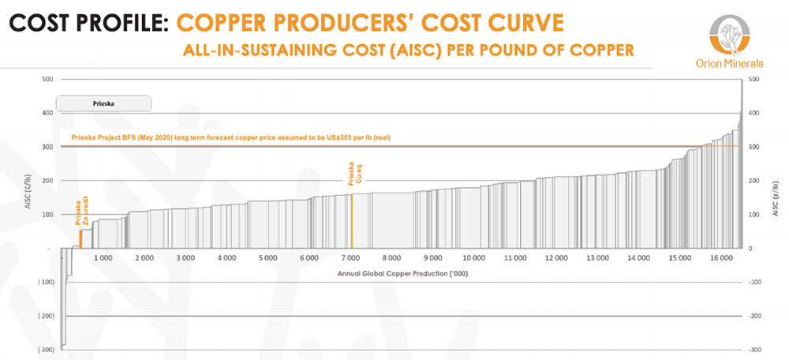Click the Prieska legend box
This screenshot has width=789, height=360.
point(103,103)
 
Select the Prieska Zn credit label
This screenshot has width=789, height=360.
point(83,212)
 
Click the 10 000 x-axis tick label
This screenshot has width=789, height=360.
point(473,258)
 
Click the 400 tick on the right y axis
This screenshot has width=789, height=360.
point(753,113)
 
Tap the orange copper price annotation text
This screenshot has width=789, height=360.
point(230,138)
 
